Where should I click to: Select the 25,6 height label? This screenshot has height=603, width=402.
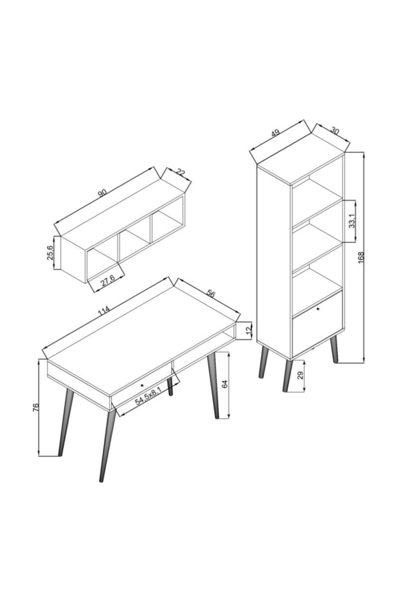pos(50,253)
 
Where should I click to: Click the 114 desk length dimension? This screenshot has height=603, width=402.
pos(104,310)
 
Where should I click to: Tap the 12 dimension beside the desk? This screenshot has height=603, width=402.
pos(249,330)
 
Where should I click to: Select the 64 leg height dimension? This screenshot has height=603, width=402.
pos(225,384)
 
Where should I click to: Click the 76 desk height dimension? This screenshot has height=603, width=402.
pos(35,408)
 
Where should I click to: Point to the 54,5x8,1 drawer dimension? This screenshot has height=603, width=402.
pos(148,397)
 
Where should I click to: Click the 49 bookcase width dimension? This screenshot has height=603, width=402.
pos(275,133)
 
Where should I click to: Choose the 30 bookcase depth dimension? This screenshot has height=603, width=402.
pos(335,131)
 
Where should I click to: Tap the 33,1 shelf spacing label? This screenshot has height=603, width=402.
pos(352,221)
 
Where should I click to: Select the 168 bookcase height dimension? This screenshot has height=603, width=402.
pos(360,257)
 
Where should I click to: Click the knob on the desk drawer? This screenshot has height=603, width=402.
pos(142,385)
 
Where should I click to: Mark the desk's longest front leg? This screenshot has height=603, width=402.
pos(106,445)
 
